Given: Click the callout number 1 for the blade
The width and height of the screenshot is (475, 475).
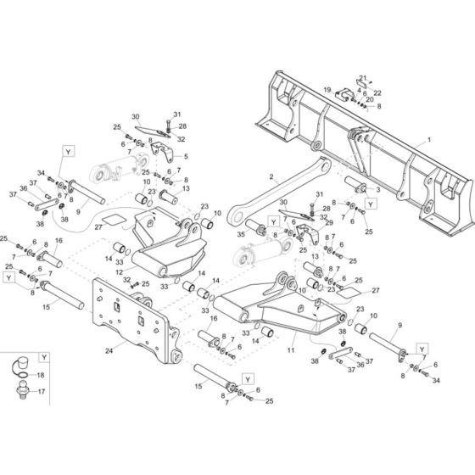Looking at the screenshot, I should point(428,137).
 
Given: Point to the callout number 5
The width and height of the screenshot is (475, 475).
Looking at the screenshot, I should point(186,156).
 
